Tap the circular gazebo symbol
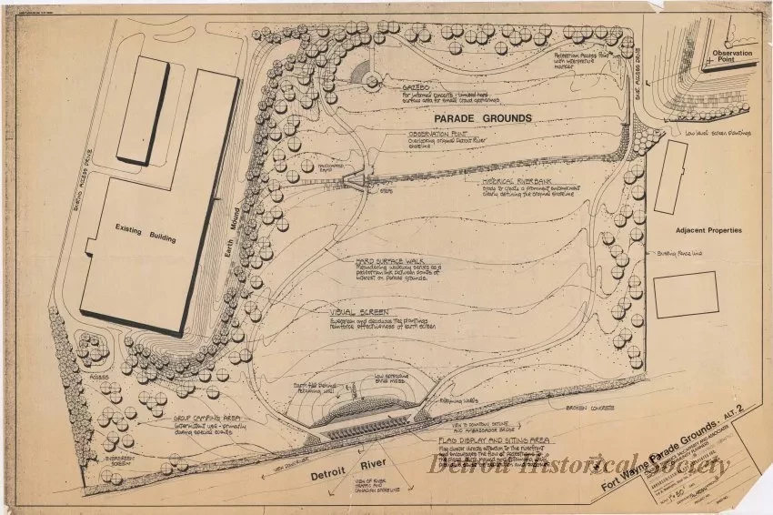[371, 81]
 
